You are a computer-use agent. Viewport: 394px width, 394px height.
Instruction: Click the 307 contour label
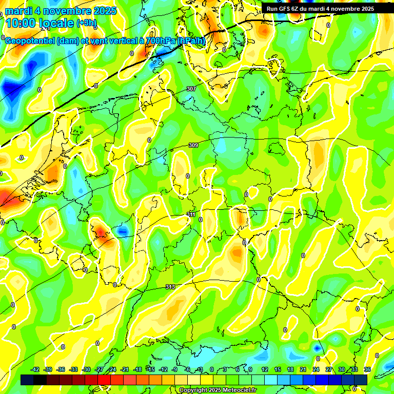(x=191, y=89)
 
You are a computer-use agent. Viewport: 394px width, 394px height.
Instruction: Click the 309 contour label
(x=193, y=146)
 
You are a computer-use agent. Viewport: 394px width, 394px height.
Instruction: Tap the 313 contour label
(x=170, y=287)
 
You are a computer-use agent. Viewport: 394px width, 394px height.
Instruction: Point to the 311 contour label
(x=191, y=214)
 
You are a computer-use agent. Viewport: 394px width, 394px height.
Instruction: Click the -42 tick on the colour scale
(x=35, y=369)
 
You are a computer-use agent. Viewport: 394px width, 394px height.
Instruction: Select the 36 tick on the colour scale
(x=367, y=369)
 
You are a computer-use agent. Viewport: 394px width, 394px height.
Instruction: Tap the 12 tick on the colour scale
(x=265, y=369)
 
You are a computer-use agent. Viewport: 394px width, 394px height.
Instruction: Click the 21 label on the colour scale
(x=303, y=369)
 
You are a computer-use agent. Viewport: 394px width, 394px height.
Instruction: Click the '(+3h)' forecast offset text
(x=87, y=23)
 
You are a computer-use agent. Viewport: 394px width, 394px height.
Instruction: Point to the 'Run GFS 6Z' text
(x=282, y=9)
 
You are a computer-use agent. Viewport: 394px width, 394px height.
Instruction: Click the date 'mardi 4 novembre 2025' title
(x=61, y=10)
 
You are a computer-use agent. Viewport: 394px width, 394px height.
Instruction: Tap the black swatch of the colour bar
(x=27, y=380)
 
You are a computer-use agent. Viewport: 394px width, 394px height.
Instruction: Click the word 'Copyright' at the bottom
(x=194, y=390)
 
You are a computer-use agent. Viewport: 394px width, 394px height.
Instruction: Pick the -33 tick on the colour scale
(x=74, y=369)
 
